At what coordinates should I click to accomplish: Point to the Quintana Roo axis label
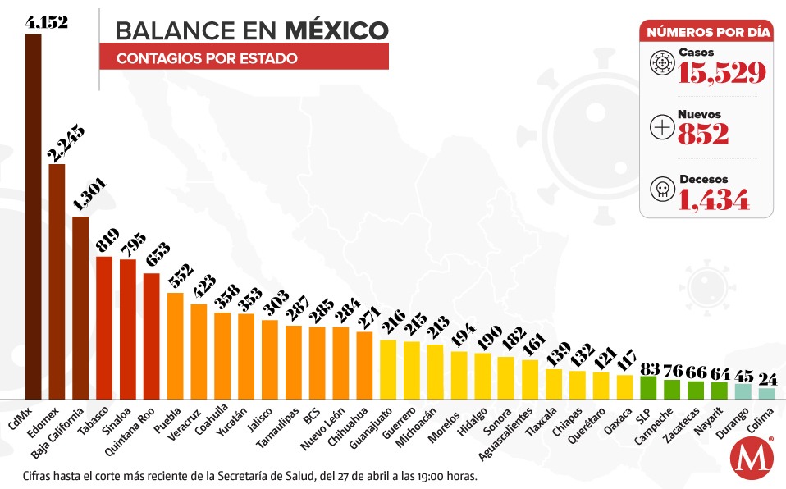coord(139,426)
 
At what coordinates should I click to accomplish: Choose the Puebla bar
coord(175,345)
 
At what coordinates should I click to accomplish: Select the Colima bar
coord(766,393)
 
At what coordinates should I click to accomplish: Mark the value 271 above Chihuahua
coord(365,317)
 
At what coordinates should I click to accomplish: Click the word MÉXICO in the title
coord(337,30)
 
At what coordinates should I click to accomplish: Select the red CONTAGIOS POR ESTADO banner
coord(244,58)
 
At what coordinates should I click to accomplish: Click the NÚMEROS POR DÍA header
coord(707,33)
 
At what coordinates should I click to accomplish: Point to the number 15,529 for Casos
coord(722,73)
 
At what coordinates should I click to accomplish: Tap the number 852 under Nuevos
coord(703,134)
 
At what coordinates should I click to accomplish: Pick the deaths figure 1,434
coord(714,198)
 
